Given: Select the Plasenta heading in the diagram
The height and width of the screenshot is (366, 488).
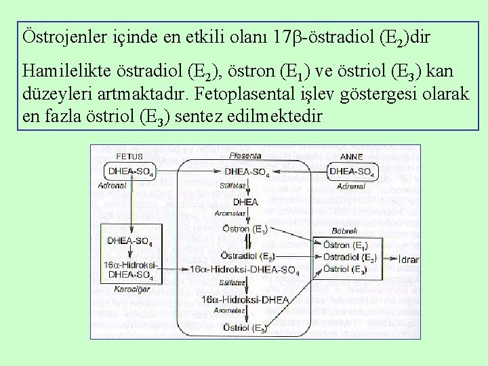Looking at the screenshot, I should [245, 156].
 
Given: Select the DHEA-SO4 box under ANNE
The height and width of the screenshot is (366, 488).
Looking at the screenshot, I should [351, 172].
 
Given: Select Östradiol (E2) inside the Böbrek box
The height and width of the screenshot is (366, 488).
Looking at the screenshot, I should [349, 258].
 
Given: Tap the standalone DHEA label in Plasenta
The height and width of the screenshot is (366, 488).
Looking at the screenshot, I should [245, 202].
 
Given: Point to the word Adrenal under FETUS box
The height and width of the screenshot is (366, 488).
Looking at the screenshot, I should [112, 184].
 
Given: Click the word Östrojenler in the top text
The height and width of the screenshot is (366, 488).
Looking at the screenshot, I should [58, 37].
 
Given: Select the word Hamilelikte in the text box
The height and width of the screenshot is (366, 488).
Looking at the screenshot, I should [61, 72].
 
